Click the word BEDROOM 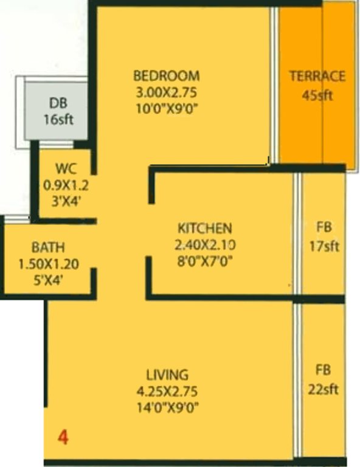click(x=166, y=77)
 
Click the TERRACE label click(x=317, y=77)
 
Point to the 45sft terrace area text click(x=317, y=95)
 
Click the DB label click(x=58, y=103)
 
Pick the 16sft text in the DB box click(x=58, y=119)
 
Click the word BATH click(x=48, y=248)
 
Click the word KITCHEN click(x=204, y=229)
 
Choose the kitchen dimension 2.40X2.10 click(x=204, y=245)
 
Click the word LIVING click(x=167, y=375)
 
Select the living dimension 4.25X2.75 click(x=167, y=391)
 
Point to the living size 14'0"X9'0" click(x=167, y=407)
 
